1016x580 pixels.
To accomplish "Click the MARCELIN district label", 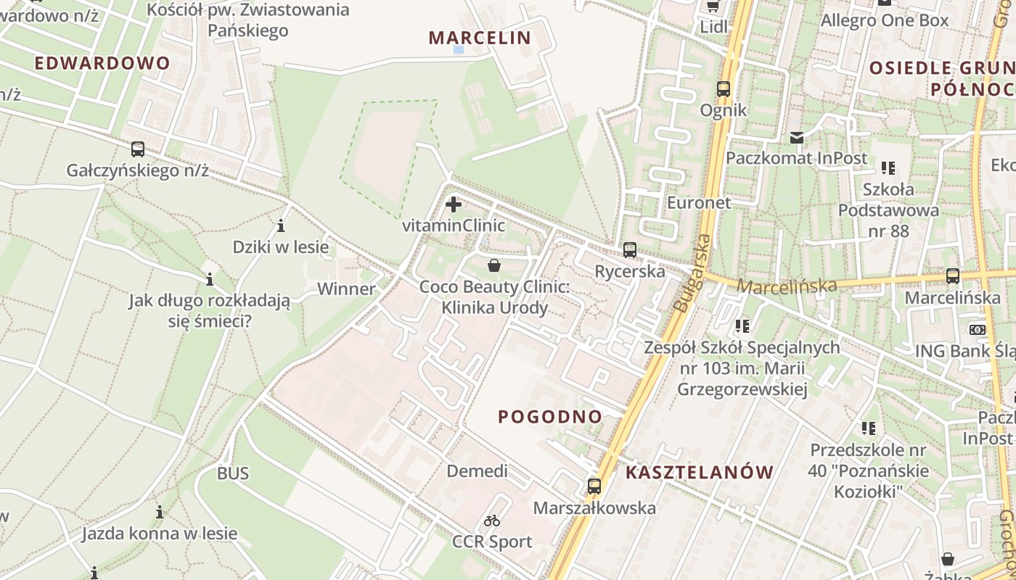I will point(480,38).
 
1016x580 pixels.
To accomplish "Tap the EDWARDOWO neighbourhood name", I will point(102,63).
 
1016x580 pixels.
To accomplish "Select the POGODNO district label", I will point(550,417).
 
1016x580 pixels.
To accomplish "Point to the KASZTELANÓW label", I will point(700,473).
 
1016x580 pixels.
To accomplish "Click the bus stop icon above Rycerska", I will point(629,250).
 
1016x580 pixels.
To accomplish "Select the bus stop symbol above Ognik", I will point(724,89).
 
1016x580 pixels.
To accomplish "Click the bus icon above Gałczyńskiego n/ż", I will point(138,149).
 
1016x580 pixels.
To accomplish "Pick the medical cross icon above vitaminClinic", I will point(454,204).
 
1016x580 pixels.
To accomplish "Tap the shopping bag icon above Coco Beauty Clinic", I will point(494,265).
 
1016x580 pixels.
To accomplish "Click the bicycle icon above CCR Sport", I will point(492,521).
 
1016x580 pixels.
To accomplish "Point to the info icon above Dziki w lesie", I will point(281,225).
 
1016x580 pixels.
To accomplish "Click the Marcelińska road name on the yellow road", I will point(787,286).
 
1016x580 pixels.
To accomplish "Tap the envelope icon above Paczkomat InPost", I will point(797,137).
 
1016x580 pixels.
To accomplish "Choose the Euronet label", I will point(699,203).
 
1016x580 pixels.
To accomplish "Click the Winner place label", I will point(347,289).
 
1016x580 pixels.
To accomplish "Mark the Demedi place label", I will point(477,471).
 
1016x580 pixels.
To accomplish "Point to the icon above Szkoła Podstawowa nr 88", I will point(888,168).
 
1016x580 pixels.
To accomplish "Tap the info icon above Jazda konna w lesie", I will point(160,513).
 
